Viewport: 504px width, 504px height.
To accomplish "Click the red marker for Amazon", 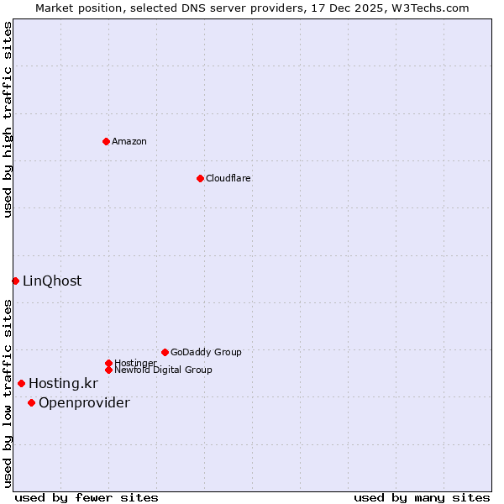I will click(x=106, y=141).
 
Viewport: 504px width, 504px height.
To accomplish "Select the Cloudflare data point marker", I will click(x=200, y=178).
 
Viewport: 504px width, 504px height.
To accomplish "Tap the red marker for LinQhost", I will click(x=15, y=281).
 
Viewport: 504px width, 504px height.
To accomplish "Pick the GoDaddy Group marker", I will click(x=165, y=352).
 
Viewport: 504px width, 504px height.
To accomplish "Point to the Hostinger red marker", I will click(x=108, y=363).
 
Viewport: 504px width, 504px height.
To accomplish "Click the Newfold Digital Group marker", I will click(x=108, y=370).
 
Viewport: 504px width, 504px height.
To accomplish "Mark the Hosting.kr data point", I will click(x=22, y=383).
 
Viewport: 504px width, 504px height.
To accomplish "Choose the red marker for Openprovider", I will click(x=31, y=402).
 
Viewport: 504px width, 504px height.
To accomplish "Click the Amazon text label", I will click(x=129, y=141).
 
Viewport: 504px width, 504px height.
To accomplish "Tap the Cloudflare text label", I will click(x=228, y=178).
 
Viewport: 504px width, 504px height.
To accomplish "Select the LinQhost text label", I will click(x=52, y=281).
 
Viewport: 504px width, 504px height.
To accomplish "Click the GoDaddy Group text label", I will click(x=206, y=352).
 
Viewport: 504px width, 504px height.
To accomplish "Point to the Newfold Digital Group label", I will click(x=163, y=370).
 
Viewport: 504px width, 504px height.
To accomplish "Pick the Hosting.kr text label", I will click(x=63, y=383).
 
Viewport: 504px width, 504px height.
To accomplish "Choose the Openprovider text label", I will click(x=84, y=402).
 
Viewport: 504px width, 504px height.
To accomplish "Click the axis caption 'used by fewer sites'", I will click(x=87, y=497).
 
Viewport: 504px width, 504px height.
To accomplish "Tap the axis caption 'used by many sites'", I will click(x=422, y=497).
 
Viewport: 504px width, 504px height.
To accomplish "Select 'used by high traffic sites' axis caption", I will click(x=8, y=119).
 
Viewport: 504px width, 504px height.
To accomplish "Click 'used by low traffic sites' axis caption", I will click(x=8, y=392).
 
